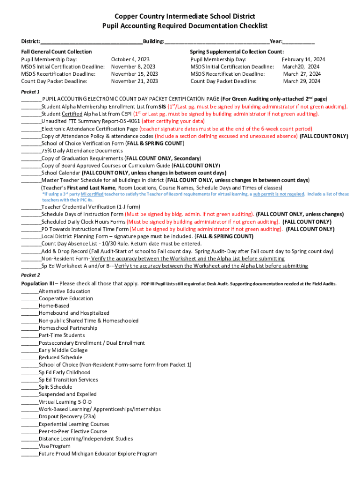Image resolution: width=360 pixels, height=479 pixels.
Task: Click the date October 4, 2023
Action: (130, 59)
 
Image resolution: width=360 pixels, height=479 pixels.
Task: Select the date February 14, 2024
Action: (303, 59)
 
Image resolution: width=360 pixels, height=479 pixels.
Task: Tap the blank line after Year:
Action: (299, 43)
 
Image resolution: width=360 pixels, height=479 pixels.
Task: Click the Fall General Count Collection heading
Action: (57, 51)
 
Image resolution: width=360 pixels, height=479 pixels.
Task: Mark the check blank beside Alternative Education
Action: (30, 291)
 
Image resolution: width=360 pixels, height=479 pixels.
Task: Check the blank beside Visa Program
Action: (30, 447)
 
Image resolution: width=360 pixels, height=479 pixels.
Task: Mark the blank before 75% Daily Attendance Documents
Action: (31, 151)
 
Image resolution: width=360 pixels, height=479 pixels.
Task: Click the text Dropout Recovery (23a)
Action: (67, 416)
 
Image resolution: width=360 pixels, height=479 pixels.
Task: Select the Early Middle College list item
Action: (63, 350)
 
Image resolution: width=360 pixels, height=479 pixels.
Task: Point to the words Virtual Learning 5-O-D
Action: (65, 402)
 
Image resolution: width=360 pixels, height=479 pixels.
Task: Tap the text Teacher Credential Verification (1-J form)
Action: (91, 207)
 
